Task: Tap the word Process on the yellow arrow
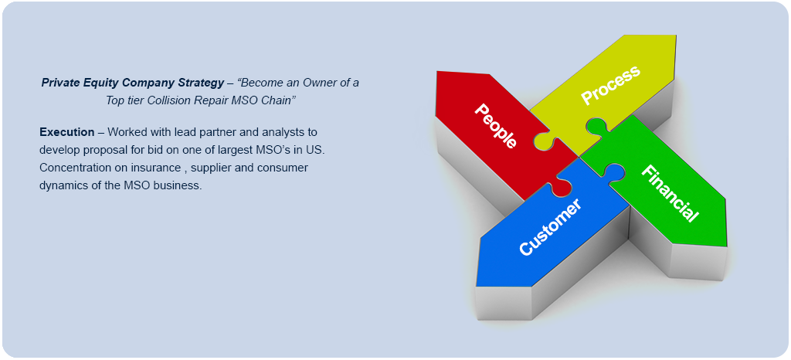click(610, 85)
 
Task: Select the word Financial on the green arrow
click(670, 193)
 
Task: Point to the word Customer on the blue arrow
click(550, 227)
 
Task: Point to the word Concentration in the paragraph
click(76, 168)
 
